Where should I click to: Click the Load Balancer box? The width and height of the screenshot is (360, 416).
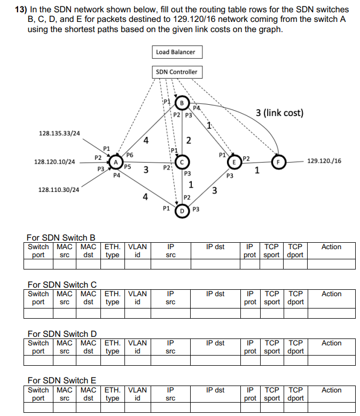tap(176, 52)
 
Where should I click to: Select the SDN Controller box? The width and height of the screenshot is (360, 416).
tap(176, 72)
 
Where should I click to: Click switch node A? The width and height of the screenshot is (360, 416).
tap(115, 161)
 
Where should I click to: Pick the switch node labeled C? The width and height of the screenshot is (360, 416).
tap(182, 161)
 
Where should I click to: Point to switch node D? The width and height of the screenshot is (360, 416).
tap(182, 210)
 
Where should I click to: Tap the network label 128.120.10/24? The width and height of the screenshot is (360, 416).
tap(54, 161)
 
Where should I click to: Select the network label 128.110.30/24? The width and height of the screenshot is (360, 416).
tap(59, 190)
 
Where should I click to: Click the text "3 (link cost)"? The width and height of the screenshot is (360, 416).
tap(279, 113)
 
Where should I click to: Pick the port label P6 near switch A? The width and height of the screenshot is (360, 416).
tap(130, 155)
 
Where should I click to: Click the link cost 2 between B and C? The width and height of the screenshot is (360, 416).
tap(189, 140)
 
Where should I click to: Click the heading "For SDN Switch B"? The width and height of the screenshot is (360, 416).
tap(61, 237)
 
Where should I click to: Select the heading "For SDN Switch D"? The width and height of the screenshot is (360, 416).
tap(61, 334)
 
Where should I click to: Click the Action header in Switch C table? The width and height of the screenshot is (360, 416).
tap(331, 294)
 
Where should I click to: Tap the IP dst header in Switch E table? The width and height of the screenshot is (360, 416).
tap(215, 390)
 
